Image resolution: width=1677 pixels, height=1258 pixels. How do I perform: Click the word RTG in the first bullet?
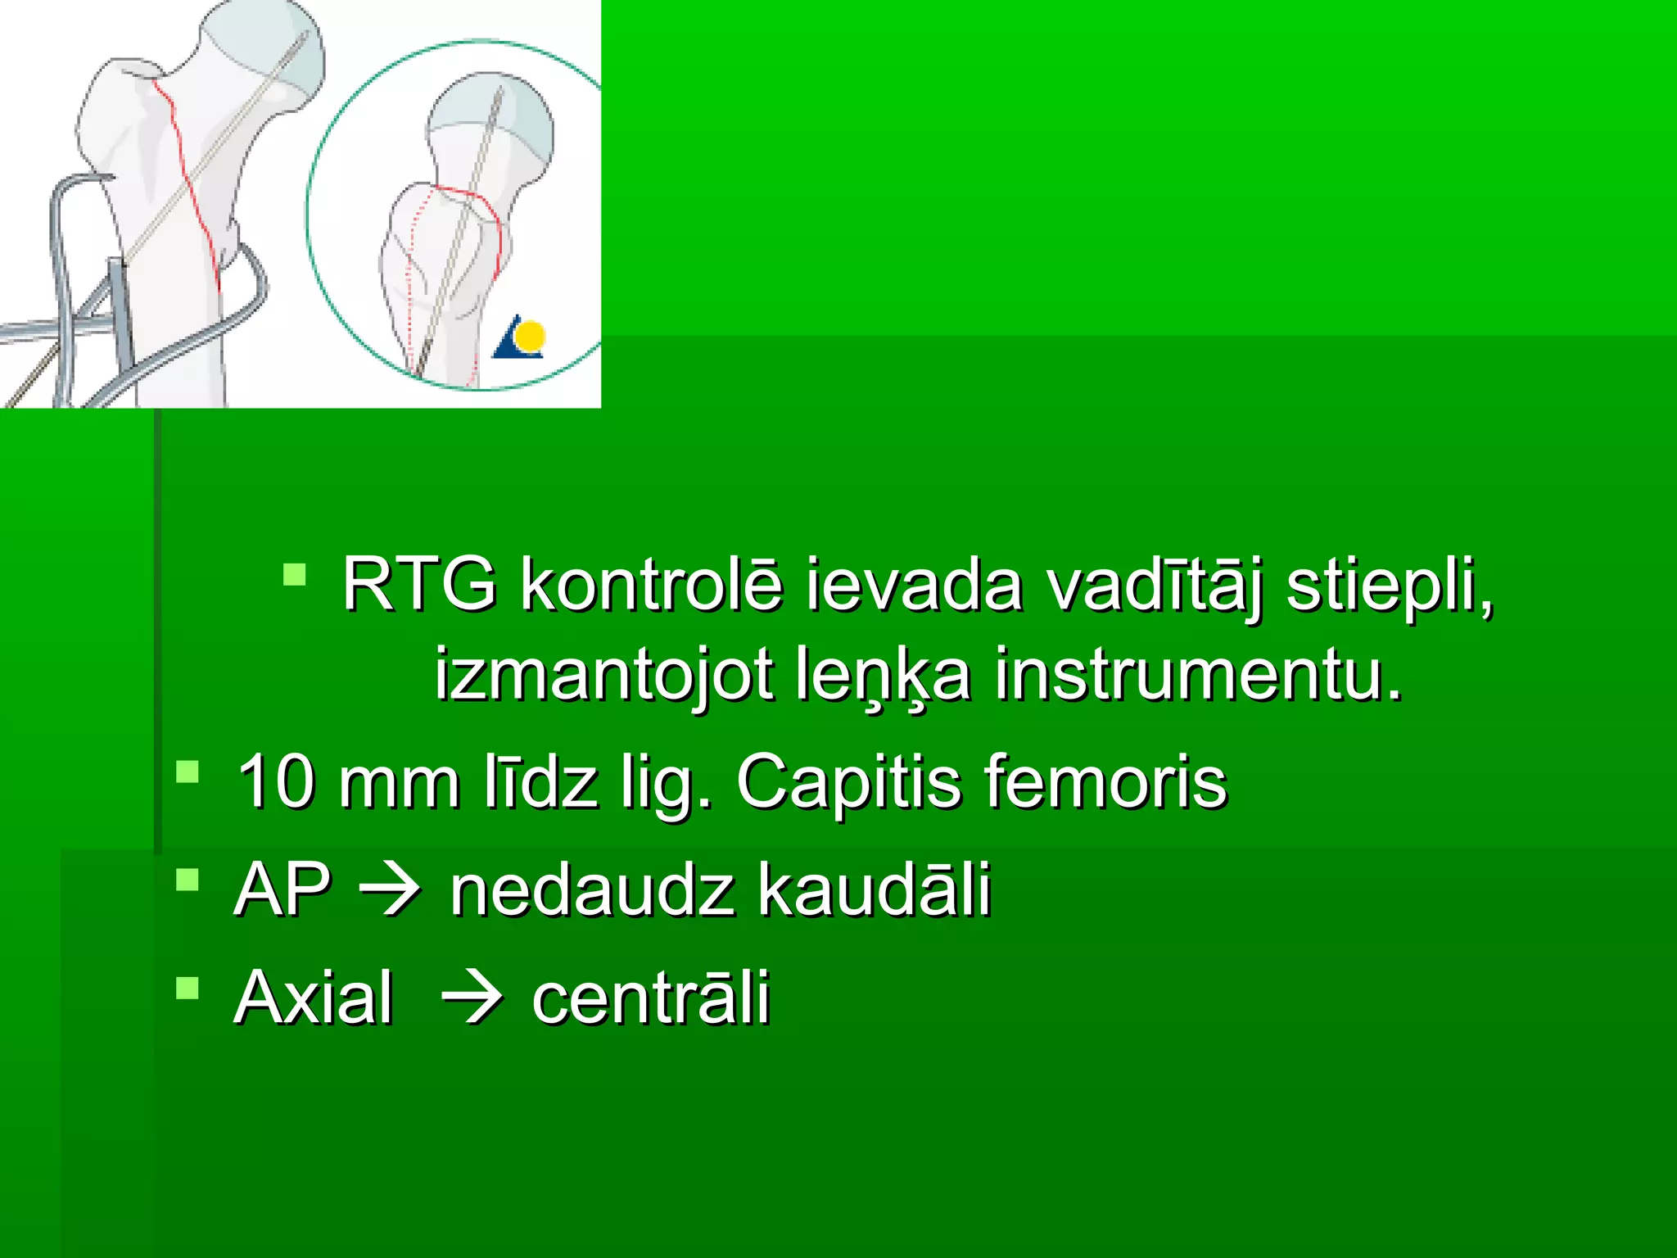point(418,584)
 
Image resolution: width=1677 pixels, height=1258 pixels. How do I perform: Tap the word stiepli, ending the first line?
point(1390,584)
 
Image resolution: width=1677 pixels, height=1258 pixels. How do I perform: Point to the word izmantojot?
point(603,674)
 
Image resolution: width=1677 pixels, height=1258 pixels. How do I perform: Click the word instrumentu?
point(1199,674)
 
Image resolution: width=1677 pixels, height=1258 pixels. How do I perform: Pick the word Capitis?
point(848,781)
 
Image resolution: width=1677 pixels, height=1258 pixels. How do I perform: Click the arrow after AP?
point(391,891)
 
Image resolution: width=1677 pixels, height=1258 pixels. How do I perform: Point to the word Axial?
point(314,997)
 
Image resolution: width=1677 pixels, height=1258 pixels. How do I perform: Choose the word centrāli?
point(651,997)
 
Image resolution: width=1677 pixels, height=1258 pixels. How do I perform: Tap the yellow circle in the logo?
point(531,335)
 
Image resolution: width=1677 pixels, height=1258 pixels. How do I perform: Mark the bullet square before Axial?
point(188,988)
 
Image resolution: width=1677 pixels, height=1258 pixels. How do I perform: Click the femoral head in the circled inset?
point(491,123)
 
